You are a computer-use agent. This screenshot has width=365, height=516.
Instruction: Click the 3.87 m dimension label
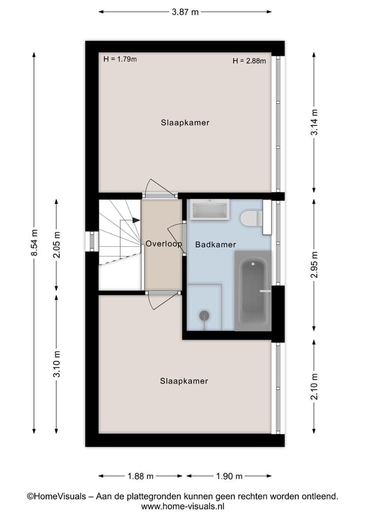(185, 12)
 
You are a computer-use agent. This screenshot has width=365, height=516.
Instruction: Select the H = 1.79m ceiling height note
(120, 59)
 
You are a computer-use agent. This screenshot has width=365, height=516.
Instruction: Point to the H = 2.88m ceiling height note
(249, 61)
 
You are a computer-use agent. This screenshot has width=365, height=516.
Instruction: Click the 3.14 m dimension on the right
(315, 122)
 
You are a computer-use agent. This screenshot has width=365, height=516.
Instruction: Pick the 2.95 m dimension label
(315, 264)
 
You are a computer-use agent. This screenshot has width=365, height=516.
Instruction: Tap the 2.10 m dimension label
(315, 387)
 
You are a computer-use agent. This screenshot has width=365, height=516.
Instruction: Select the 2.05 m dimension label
(57, 245)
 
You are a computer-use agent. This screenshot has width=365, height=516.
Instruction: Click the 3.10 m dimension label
(57, 364)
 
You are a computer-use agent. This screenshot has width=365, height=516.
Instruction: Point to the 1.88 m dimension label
(140, 476)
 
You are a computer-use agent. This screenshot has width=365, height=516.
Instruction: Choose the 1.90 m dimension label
(229, 476)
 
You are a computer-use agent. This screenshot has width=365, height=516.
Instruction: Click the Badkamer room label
(215, 245)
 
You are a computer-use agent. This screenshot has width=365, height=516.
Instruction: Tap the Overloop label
(163, 244)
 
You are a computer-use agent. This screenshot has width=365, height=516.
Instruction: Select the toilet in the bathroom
(249, 219)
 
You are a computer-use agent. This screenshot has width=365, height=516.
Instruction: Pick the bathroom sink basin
(209, 210)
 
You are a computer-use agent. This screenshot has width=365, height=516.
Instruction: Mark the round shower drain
(204, 316)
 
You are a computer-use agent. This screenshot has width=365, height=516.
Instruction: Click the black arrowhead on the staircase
(136, 220)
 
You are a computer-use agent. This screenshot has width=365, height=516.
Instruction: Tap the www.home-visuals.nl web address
(182, 506)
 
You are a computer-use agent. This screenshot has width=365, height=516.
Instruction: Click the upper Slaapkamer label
(185, 123)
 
